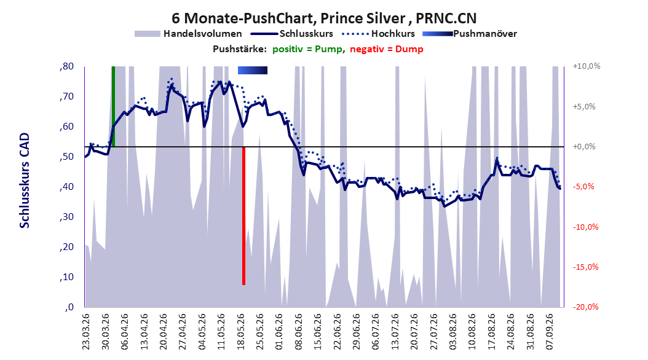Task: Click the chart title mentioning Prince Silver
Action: tap(324, 18)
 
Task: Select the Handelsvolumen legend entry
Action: tap(189, 34)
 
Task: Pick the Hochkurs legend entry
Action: tap(379, 34)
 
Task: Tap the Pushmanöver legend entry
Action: tap(470, 34)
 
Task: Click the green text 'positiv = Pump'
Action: tap(307, 49)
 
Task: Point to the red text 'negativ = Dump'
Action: tap(387, 49)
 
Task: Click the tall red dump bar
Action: tap(244, 216)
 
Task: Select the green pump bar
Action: tap(113, 106)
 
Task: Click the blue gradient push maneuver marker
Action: tap(253, 71)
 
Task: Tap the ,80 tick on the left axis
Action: tap(66, 66)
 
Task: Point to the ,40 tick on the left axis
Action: tap(66, 187)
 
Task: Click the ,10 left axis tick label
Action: tap(66, 277)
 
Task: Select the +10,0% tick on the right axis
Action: tap(587, 66)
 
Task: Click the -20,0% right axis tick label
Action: tap(585, 307)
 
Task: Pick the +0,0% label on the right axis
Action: tap(584, 147)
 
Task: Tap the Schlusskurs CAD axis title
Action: tap(25, 181)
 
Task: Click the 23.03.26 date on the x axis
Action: tap(85, 332)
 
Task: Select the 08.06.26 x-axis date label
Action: tap(298, 332)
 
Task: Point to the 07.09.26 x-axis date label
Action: tap(550, 332)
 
